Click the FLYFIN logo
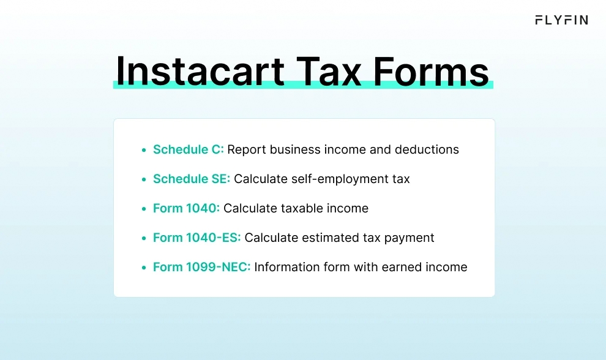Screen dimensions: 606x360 [x=561, y=20]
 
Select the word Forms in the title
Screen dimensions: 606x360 [x=431, y=72]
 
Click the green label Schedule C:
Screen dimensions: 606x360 [x=188, y=149]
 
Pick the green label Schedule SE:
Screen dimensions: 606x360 [x=192, y=179]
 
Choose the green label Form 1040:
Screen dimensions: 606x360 [x=186, y=208]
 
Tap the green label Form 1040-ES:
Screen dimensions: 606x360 [x=196, y=238]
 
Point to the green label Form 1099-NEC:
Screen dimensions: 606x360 [x=202, y=267]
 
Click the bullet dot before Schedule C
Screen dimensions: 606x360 [x=144, y=150]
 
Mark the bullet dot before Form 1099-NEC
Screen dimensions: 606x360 [x=144, y=268]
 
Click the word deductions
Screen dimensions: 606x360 [x=427, y=149]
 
